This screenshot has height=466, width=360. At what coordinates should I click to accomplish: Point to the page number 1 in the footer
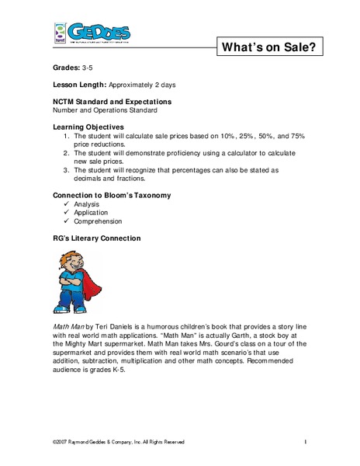pos(307,442)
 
